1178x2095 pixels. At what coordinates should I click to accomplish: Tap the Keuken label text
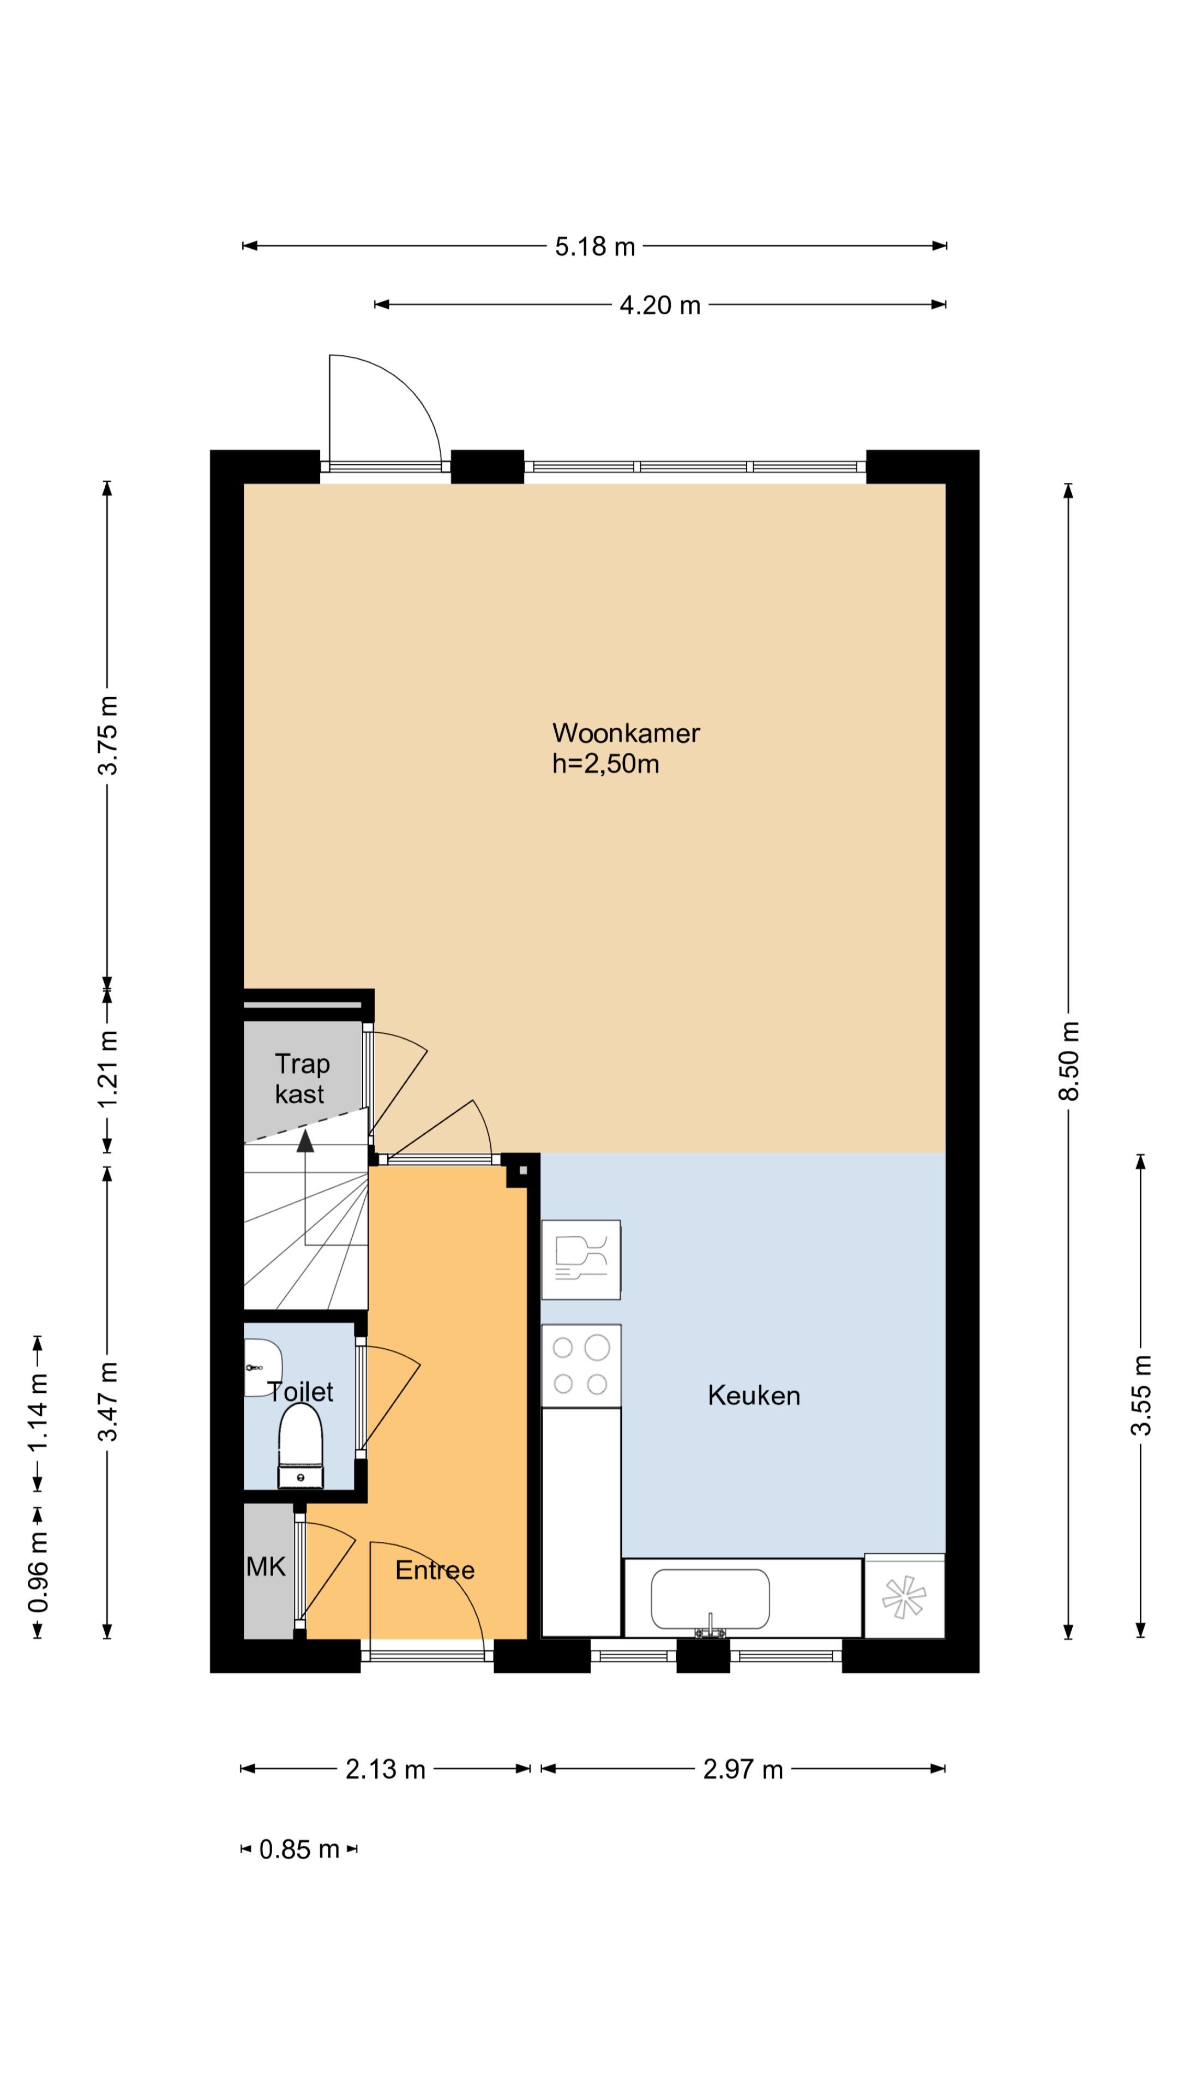(x=754, y=1396)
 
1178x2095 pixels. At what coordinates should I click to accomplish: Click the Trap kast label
(x=302, y=1079)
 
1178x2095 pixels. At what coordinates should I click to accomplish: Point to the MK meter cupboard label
(x=266, y=1566)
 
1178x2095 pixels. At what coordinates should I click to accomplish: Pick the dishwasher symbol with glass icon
(x=580, y=1259)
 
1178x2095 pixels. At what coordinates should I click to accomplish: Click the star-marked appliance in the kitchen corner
(x=904, y=1596)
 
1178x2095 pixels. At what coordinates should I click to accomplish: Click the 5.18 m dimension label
(x=594, y=247)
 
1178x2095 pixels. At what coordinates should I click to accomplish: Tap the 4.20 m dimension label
(x=659, y=306)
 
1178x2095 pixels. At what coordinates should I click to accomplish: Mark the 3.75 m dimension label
(x=108, y=735)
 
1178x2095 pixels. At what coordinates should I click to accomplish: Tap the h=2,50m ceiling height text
(x=606, y=764)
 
